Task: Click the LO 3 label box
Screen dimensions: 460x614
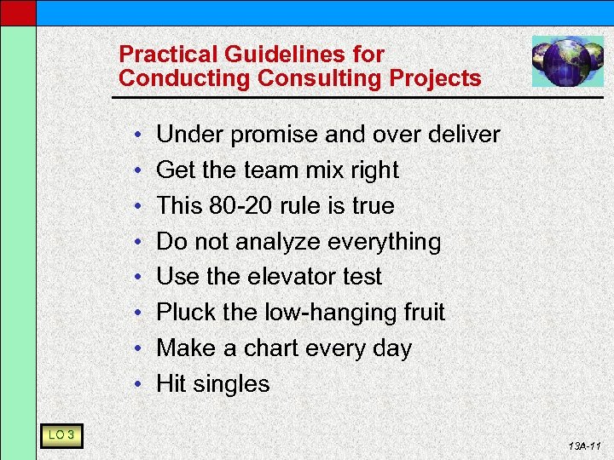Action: tap(61, 436)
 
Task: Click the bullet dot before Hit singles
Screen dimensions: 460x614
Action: tap(136, 385)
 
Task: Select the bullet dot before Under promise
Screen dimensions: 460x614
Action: tap(136, 135)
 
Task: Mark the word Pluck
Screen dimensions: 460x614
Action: tap(186, 313)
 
